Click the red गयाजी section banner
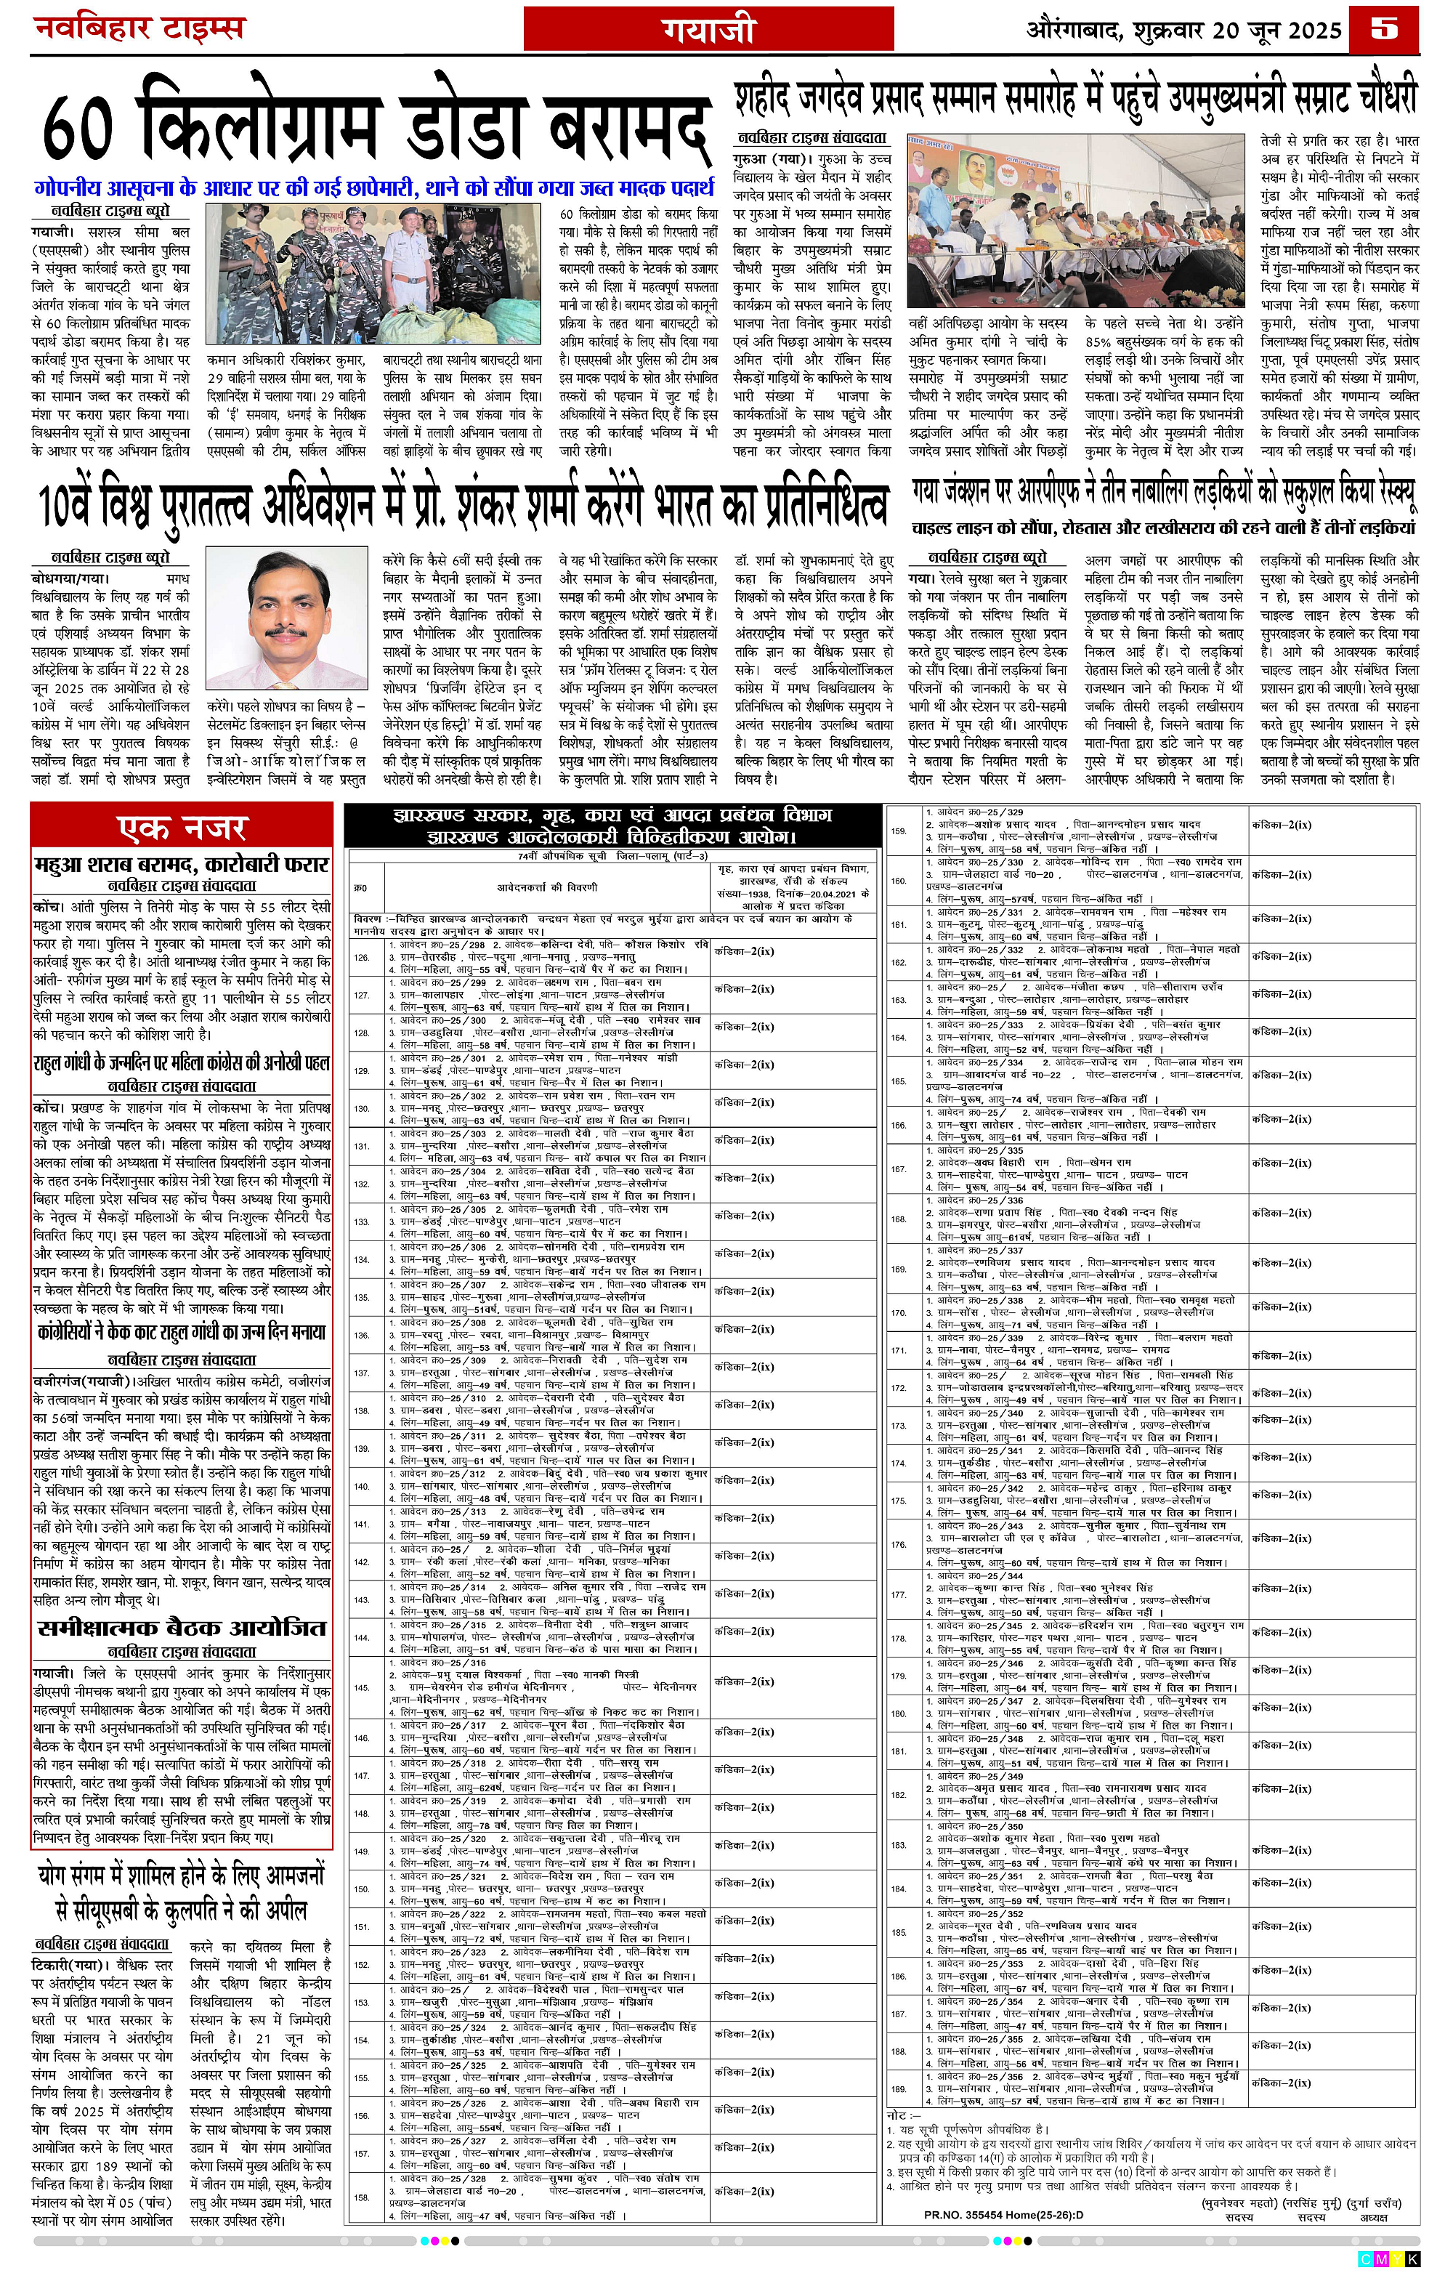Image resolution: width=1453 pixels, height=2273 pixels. (708, 29)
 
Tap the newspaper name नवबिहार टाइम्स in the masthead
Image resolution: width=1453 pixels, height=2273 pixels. (139, 28)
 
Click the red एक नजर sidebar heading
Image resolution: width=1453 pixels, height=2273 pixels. (182, 828)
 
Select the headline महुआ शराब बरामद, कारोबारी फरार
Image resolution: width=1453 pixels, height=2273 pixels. (182, 865)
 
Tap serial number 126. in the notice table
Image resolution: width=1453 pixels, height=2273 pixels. (361, 957)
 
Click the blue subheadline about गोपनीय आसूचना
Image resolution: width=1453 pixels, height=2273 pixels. (373, 188)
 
